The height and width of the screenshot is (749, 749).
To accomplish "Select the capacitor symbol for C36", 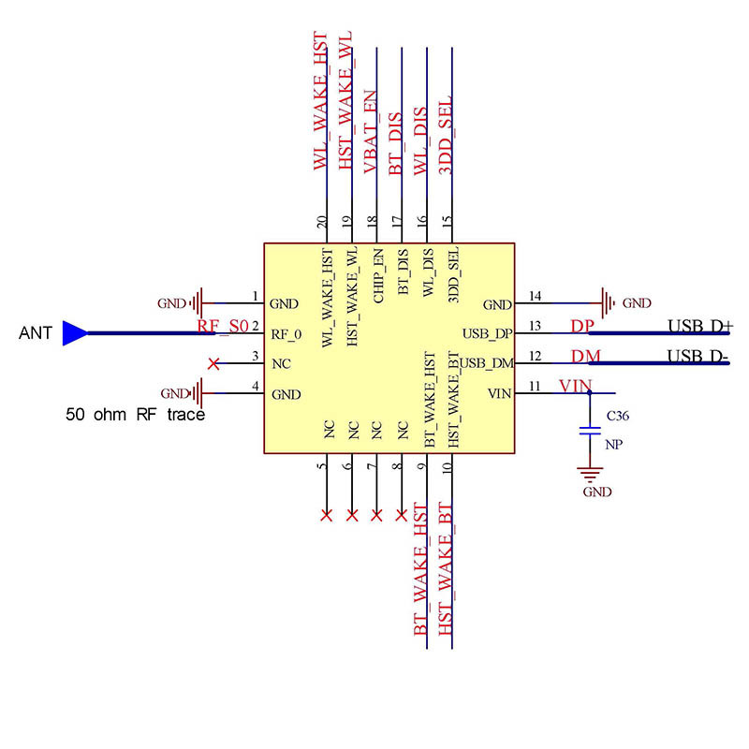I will [589, 431].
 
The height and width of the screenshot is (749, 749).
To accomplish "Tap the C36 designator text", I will [617, 415].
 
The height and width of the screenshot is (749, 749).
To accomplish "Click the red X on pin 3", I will [213, 363].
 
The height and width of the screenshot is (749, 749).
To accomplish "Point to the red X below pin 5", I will [327, 515].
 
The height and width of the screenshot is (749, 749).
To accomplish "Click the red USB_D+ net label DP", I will [582, 327].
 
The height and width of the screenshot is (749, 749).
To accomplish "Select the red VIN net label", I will [575, 386].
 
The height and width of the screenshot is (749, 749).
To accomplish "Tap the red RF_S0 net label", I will [223, 327].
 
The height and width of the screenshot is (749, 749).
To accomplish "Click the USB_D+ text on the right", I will [700, 327].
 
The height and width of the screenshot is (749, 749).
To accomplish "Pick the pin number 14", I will [535, 297].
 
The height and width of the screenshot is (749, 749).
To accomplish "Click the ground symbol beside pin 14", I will [609, 303].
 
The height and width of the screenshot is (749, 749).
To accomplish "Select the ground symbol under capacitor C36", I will [589, 475].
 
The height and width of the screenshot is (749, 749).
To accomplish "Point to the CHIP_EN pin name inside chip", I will [377, 272].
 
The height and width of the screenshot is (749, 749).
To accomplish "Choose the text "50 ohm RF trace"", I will [135, 414].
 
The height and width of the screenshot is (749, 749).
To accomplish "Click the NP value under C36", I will [614, 446].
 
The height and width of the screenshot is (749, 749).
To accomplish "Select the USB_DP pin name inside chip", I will [487, 333].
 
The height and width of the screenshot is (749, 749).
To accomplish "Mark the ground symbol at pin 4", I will [198, 394].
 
